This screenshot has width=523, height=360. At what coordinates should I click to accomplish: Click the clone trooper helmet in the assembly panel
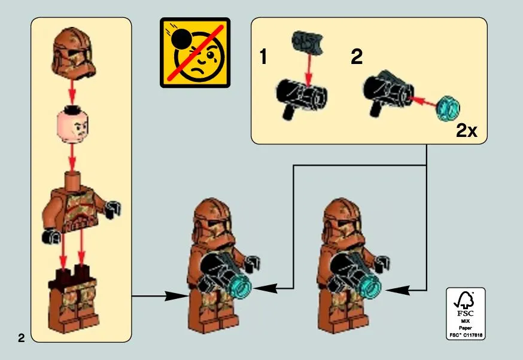(74, 53)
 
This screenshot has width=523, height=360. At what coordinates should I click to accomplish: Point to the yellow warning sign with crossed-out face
(195, 53)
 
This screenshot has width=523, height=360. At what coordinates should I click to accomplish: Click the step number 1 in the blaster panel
(263, 57)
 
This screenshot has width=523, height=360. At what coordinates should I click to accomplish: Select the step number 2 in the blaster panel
(357, 57)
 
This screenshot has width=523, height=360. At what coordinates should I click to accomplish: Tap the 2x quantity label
(467, 131)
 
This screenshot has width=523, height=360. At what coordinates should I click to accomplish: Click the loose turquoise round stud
(448, 108)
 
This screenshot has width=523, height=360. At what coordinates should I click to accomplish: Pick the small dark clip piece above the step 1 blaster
(308, 42)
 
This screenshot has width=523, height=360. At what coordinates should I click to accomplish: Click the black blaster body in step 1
(302, 97)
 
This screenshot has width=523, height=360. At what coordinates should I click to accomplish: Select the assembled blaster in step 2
(388, 91)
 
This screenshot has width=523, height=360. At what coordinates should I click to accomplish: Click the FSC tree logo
(465, 300)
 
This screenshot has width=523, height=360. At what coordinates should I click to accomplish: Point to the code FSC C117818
(466, 335)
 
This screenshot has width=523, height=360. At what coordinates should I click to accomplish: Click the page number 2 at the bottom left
(22, 338)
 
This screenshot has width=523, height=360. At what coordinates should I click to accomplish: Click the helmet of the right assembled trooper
(342, 222)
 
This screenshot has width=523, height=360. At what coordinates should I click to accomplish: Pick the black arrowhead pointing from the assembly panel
(176, 295)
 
